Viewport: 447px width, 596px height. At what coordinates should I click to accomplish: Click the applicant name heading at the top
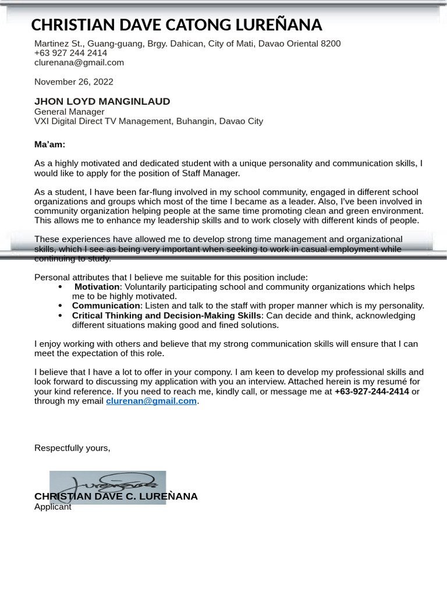(x=176, y=25)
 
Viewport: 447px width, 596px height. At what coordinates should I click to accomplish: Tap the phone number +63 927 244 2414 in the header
(x=70, y=53)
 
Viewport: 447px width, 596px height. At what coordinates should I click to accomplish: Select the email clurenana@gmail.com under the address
(x=79, y=62)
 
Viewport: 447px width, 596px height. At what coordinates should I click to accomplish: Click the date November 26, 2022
(x=73, y=81)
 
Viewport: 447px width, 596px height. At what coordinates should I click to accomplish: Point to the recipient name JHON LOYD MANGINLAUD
(x=102, y=101)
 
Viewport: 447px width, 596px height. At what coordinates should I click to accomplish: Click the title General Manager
(x=69, y=112)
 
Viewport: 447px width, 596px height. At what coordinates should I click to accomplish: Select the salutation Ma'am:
(x=49, y=144)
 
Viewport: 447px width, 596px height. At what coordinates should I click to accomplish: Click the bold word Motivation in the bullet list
(x=97, y=287)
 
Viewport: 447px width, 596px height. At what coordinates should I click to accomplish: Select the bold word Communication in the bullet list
(x=106, y=306)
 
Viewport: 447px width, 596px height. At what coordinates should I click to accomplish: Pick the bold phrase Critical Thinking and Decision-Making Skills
(x=166, y=315)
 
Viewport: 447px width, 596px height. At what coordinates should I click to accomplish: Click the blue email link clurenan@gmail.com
(x=151, y=401)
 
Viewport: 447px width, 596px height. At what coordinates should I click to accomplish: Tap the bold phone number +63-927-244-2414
(x=371, y=391)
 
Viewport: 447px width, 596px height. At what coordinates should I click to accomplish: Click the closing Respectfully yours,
(x=72, y=448)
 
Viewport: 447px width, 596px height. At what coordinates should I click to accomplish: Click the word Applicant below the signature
(x=52, y=507)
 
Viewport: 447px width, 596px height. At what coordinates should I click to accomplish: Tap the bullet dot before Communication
(x=61, y=306)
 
